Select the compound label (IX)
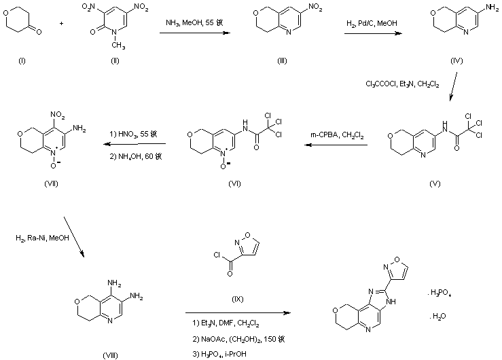click(x=238, y=295)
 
